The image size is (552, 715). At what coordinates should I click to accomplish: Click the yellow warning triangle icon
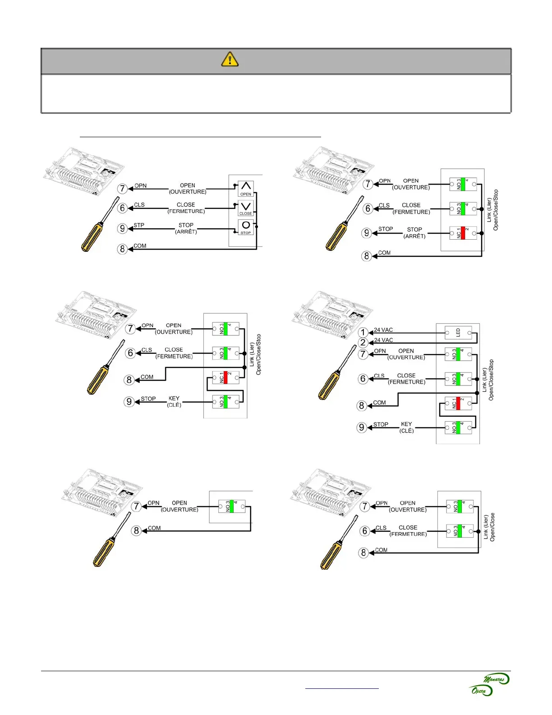230,59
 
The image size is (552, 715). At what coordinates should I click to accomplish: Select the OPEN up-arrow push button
246,188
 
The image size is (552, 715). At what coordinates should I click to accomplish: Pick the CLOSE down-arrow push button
246,208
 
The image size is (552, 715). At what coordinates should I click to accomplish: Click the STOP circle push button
246,227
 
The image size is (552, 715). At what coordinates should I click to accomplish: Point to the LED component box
458,333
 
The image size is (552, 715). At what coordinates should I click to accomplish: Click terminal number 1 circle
363,333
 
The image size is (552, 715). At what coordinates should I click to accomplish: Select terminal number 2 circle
363,343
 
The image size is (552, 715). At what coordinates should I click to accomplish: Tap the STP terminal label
139,225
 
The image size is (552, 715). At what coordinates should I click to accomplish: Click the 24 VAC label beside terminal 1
383,330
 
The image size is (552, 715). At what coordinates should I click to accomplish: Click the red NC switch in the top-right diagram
463,233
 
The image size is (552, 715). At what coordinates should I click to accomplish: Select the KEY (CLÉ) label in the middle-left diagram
174,402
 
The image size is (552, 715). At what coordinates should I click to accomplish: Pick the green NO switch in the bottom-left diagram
232,506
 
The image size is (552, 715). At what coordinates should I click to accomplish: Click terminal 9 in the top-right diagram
367,233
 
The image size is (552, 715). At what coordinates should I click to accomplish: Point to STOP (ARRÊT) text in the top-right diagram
414,232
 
